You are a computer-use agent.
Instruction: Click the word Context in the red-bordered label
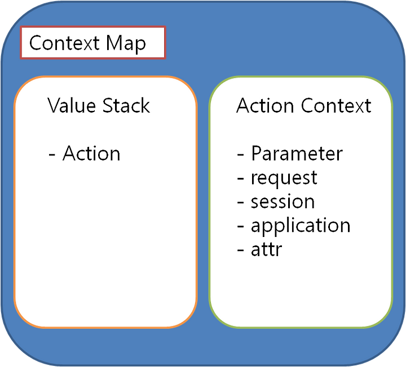pyautogui.click(x=64, y=43)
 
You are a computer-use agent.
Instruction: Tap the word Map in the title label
pyautogui.click(x=126, y=44)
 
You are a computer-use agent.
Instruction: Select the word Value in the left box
pyautogui.click(x=72, y=105)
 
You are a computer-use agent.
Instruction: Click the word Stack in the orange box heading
pyautogui.click(x=126, y=105)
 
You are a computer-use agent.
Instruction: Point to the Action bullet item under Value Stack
pyautogui.click(x=91, y=153)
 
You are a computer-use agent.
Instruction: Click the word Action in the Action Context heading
pyautogui.click(x=265, y=105)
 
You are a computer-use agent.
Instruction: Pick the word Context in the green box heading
pyautogui.click(x=336, y=105)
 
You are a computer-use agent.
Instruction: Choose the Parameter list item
pyautogui.click(x=297, y=153)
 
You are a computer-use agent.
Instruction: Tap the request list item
pyautogui.click(x=284, y=178)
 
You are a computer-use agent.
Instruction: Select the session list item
pyautogui.click(x=283, y=202)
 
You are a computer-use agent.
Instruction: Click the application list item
pyautogui.click(x=301, y=226)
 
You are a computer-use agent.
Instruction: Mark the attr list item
pyautogui.click(x=266, y=249)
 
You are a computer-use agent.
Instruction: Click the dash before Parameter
pyautogui.click(x=241, y=155)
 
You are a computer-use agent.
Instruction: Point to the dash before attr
pyautogui.click(x=241, y=250)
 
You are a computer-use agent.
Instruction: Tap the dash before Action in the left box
pyautogui.click(x=52, y=155)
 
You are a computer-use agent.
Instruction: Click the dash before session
pyautogui.click(x=241, y=203)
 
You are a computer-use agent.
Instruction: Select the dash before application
pyautogui.click(x=241, y=227)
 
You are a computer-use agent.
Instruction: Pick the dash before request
pyautogui.click(x=241, y=178)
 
